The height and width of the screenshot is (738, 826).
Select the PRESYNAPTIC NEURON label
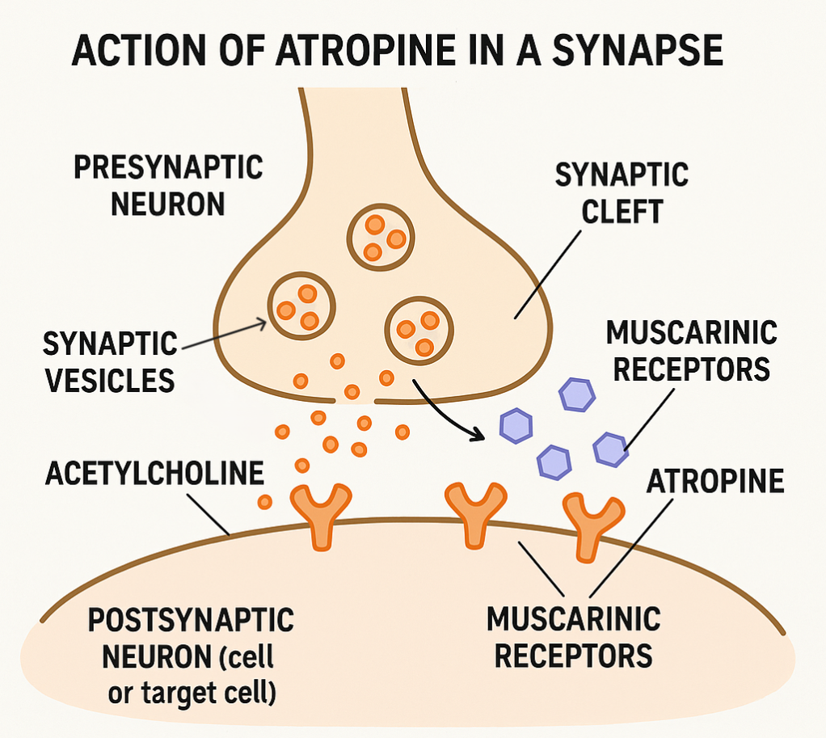(168, 185)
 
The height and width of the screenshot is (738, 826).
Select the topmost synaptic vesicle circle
(381, 237)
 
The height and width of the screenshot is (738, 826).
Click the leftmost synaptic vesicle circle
(301, 305)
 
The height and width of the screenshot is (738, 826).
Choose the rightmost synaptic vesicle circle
(419, 330)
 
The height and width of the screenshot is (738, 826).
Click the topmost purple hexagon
(577, 394)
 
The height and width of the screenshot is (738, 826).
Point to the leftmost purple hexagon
(515, 424)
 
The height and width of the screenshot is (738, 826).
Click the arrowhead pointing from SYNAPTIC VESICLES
(264, 322)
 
